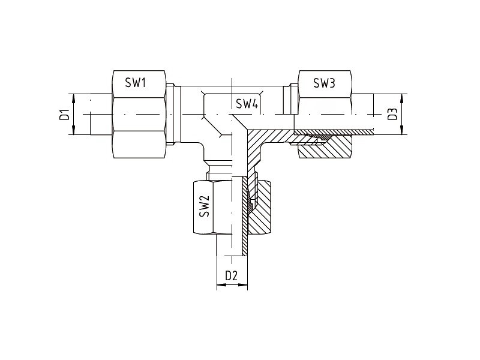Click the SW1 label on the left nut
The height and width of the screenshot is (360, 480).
135,83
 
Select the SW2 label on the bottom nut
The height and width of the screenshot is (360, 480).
204,206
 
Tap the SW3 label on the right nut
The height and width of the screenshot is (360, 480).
324,83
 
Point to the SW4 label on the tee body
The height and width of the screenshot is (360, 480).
247,104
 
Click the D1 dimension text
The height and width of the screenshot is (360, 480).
65,114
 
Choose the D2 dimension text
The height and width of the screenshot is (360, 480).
232,276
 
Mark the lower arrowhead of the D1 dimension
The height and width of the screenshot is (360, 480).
73,129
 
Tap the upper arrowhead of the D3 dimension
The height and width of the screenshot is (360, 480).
401,99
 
